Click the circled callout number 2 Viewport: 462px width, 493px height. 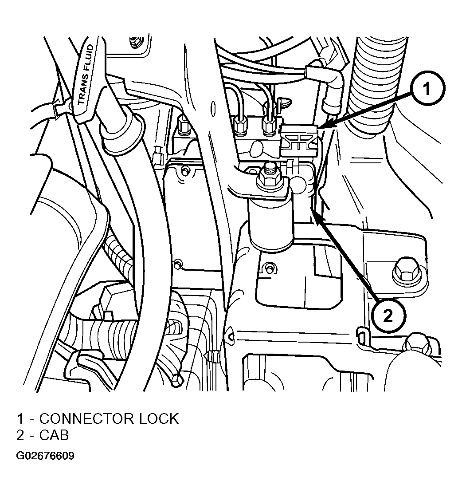[x=388, y=316]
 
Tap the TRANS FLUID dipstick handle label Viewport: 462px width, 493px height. [x=85, y=75]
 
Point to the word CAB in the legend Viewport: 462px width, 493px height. [x=54, y=435]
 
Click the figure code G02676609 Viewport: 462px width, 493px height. [x=45, y=456]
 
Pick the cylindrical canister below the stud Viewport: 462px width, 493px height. [x=271, y=224]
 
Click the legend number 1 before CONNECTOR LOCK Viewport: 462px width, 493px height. [x=20, y=419]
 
